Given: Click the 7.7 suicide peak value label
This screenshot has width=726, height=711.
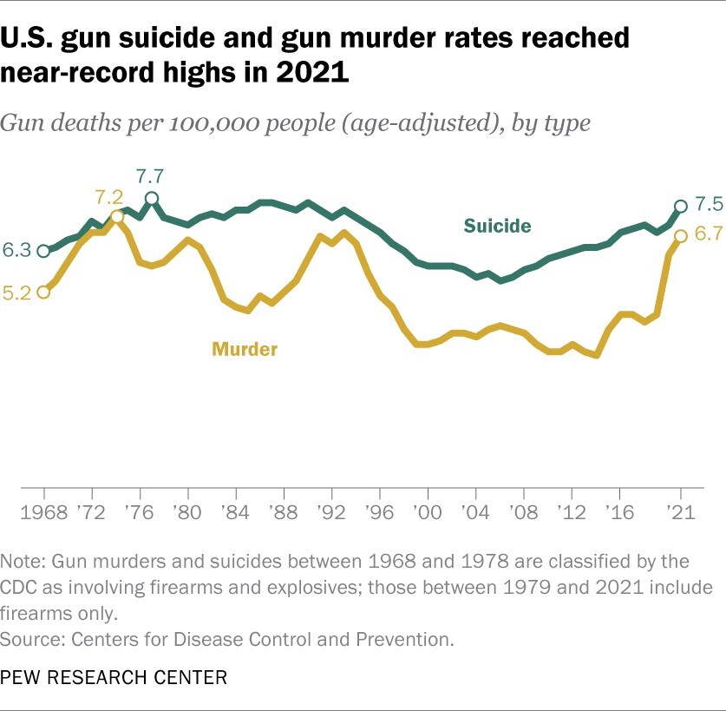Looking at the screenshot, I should (x=152, y=174).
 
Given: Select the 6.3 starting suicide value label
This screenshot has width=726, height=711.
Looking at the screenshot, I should (x=17, y=251).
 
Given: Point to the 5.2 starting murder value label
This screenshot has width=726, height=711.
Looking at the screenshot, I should (x=17, y=293).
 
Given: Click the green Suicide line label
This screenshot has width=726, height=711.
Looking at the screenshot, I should (x=497, y=227).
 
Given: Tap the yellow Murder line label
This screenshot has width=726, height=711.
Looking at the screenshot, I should (x=245, y=350).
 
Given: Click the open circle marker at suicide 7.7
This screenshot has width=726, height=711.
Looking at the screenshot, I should (x=152, y=199).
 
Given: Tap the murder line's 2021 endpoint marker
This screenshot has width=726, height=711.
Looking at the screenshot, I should (x=681, y=236).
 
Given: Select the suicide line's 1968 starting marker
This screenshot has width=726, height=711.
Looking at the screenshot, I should (x=43, y=251).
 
